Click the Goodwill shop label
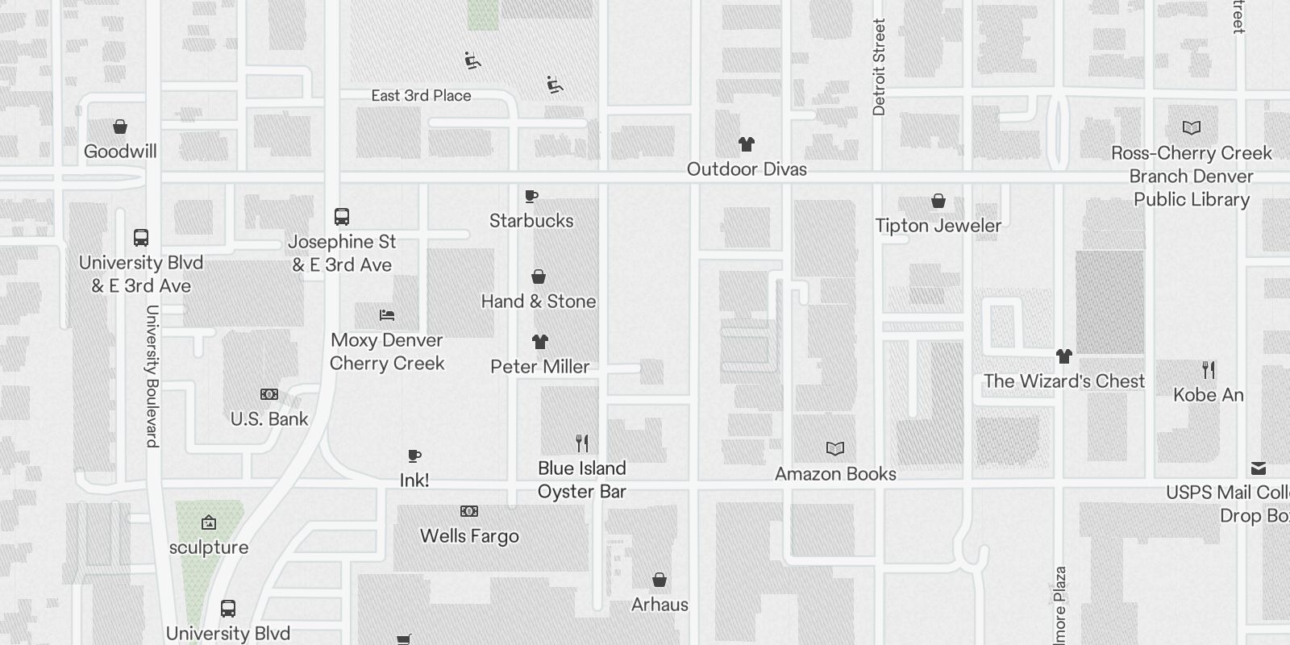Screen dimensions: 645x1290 tap(120, 152)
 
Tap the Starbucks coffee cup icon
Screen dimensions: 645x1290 tap(531, 196)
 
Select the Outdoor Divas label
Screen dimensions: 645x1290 tap(747, 169)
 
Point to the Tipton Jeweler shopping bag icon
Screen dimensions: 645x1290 tap(938, 201)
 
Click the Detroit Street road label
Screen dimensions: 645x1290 tap(879, 67)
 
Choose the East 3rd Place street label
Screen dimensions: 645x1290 tap(421, 96)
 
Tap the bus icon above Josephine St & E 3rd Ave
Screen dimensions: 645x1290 tap(342, 217)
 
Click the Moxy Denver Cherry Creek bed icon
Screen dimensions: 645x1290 tap(387, 315)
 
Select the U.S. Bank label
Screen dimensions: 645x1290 tap(269, 419)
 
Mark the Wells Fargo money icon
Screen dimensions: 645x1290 tap(469, 511)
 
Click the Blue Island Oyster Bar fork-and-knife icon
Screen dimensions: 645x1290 tap(582, 443)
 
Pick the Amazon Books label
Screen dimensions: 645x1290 tap(835, 474)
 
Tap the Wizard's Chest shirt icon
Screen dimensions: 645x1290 tap(1064, 356)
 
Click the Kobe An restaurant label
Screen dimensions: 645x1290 tap(1208, 395)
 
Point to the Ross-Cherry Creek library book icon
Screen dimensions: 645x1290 tap(1192, 127)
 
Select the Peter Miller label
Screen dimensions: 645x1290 tap(540, 367)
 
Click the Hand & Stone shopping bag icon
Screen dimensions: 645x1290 tap(539, 277)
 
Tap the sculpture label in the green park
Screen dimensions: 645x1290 tap(209, 547)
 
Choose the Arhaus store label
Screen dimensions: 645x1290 tap(660, 605)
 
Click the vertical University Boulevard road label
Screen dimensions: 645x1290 tap(152, 376)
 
